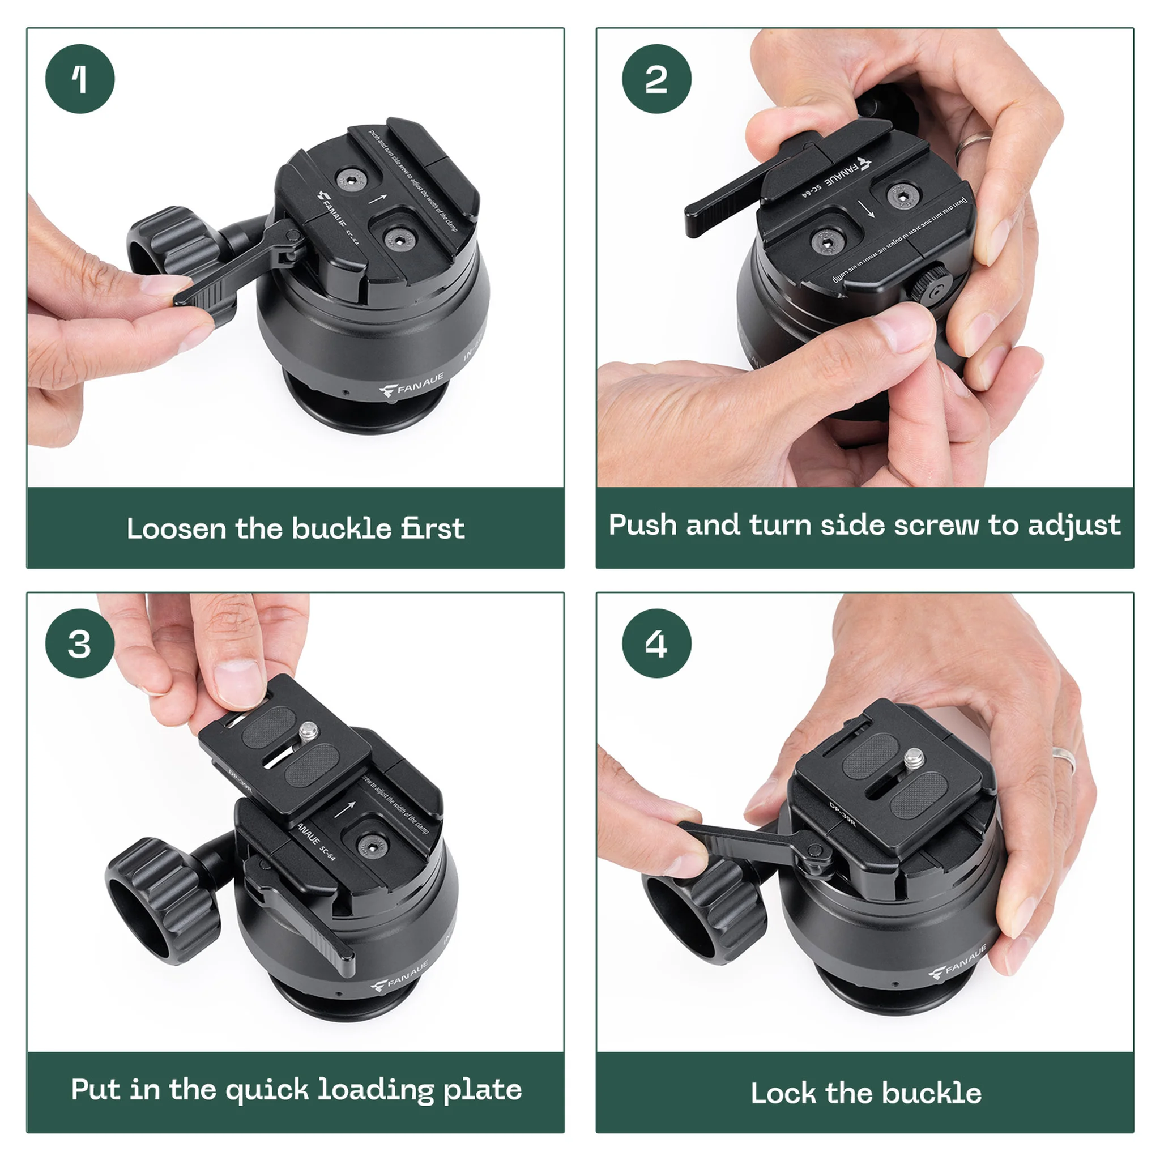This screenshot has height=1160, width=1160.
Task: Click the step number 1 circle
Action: [x=80, y=79]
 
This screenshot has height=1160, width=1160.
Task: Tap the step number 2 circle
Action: [x=656, y=79]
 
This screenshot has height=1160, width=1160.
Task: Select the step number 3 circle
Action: [x=80, y=643]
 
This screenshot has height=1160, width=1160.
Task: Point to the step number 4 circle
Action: [x=656, y=643]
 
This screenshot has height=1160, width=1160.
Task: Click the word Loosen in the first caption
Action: [x=176, y=528]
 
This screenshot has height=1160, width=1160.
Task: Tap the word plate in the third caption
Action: [x=482, y=1090]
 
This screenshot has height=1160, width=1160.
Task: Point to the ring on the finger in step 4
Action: [x=1064, y=760]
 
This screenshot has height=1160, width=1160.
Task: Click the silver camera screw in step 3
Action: [x=310, y=731]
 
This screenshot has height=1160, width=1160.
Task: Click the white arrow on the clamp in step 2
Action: [x=866, y=210]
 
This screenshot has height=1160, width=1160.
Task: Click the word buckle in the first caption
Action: [x=341, y=528]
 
